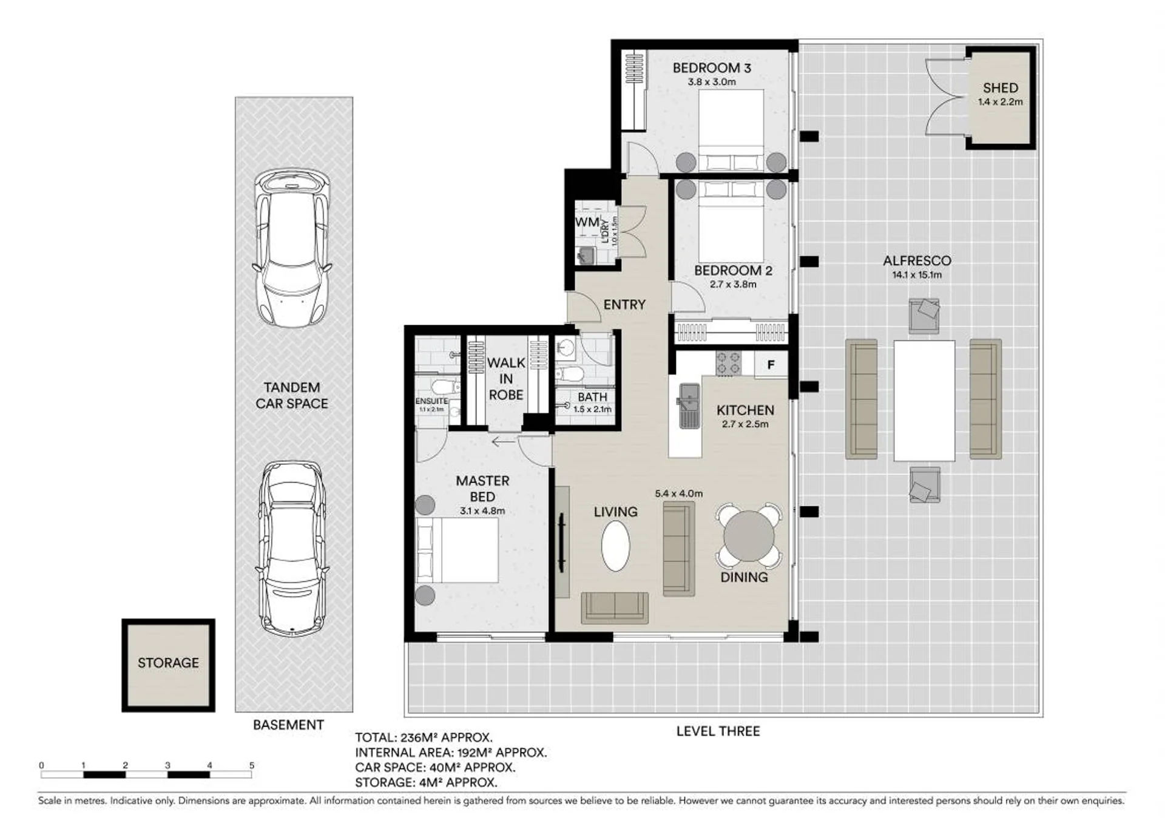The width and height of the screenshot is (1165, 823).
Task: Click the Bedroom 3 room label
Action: click(x=712, y=68)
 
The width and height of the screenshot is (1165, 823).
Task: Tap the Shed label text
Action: click(x=1001, y=88)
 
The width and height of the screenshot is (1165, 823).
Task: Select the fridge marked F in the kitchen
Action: click(x=771, y=365)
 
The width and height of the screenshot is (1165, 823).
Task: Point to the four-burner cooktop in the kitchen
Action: click(x=728, y=363)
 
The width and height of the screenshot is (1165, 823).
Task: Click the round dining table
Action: click(x=749, y=537)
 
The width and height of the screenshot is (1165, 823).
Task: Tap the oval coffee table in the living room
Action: click(x=615, y=546)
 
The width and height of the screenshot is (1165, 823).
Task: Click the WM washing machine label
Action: click(x=587, y=222)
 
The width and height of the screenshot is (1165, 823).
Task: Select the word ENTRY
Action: click(x=624, y=305)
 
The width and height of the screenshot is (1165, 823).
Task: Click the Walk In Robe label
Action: click(x=506, y=379)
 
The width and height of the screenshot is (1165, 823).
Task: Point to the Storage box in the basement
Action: click(x=168, y=665)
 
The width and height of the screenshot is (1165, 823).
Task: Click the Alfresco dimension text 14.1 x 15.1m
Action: click(x=916, y=275)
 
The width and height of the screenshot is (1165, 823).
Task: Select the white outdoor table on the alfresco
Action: click(x=924, y=401)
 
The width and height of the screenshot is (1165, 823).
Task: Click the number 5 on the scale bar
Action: click(x=251, y=765)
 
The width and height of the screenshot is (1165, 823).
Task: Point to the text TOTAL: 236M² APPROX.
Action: click(x=424, y=738)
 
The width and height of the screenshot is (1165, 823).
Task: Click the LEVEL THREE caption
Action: click(x=718, y=731)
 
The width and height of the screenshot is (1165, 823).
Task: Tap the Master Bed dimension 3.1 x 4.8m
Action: click(x=482, y=511)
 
